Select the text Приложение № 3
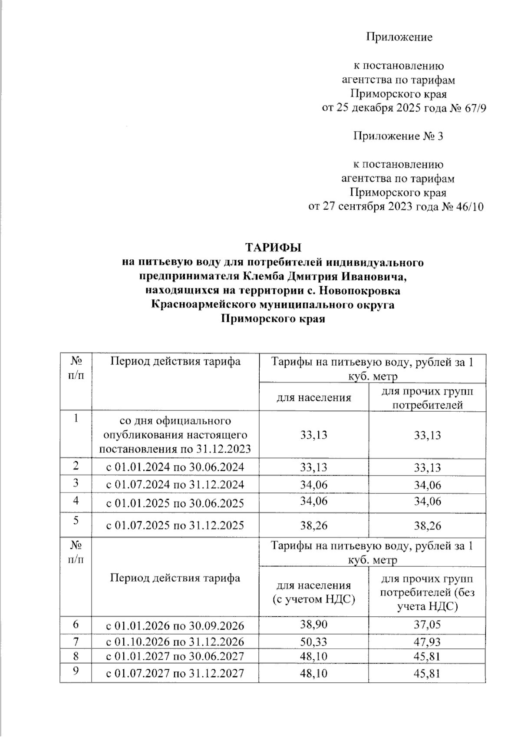tap(398, 136)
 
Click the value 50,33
tap(313, 641)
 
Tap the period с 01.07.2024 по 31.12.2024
tap(175, 484)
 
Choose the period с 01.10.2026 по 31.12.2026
tap(175, 642)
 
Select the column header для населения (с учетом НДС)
tap(313, 592)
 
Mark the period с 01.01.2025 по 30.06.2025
tap(175, 503)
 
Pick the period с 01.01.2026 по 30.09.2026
tap(175, 626)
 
